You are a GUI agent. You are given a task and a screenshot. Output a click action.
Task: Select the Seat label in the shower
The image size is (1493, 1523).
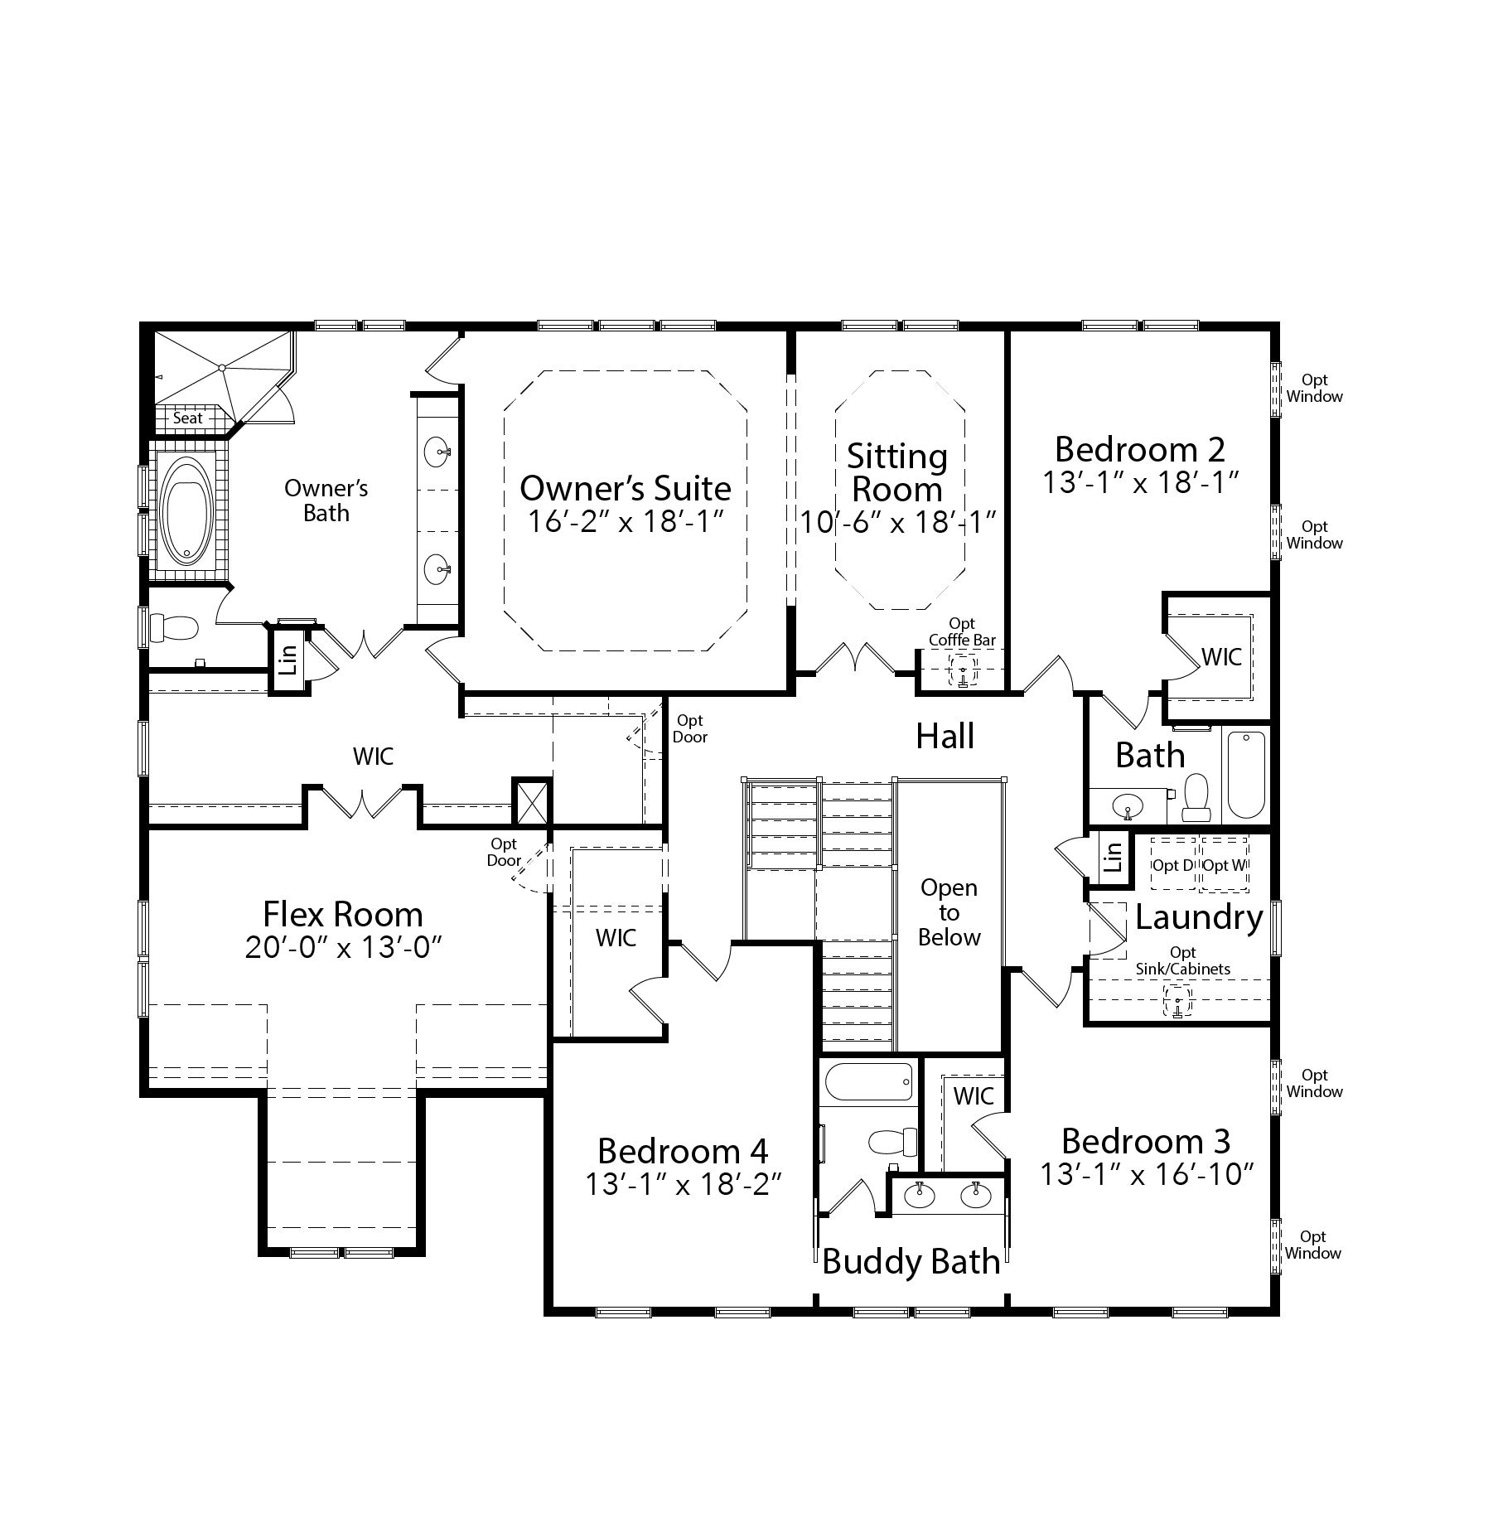tap(187, 418)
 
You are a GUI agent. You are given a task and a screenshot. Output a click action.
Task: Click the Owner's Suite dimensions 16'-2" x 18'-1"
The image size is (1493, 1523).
tap(626, 521)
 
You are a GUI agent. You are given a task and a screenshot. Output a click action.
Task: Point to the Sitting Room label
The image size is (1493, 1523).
tap(897, 472)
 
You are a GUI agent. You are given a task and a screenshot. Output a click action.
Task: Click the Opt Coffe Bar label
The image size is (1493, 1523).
tap(962, 631)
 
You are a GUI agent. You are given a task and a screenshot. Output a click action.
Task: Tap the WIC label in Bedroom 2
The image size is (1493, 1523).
tap(1222, 657)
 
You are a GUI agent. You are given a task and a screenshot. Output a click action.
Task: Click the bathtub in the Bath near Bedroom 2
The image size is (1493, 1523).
tap(1246, 775)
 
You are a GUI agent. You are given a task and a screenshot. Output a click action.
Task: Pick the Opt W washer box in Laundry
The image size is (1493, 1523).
tap(1225, 864)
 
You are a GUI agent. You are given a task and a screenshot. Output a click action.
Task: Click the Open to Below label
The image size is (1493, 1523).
tap(949, 912)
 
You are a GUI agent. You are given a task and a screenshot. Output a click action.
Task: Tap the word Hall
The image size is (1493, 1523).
tap(945, 736)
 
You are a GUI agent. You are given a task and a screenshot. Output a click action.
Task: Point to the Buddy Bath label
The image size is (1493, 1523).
tap(911, 1261)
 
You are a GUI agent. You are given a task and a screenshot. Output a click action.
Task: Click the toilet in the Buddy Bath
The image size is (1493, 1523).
tap(894, 1142)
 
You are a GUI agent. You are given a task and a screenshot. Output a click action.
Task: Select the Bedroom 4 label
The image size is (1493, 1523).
tap(683, 1151)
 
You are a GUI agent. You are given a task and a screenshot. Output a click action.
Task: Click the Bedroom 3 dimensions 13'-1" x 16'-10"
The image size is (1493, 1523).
tap(1147, 1174)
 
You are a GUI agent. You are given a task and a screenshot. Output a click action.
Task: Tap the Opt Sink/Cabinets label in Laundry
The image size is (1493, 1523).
tap(1183, 960)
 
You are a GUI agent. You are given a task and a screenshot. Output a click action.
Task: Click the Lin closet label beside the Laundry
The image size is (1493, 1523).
tap(1113, 855)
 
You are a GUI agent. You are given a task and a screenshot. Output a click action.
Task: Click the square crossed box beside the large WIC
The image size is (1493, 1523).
tap(531, 800)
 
